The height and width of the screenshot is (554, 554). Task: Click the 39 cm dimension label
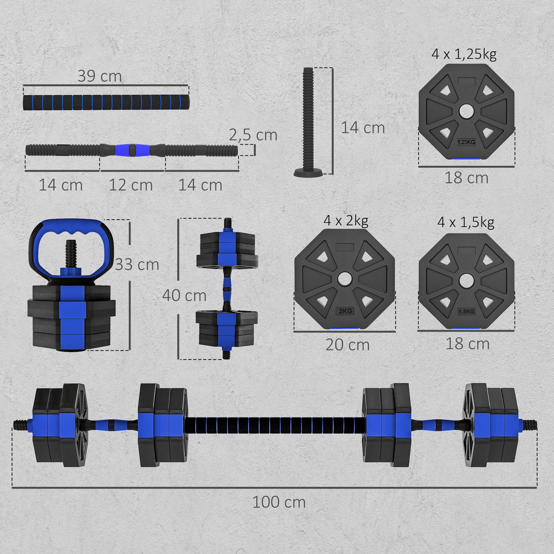(x=99, y=76)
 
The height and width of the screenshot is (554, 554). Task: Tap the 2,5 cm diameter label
(x=253, y=135)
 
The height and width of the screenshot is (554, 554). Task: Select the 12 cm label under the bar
(x=131, y=185)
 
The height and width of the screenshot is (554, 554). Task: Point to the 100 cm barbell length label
(x=279, y=502)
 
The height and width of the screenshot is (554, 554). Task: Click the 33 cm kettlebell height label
(x=137, y=265)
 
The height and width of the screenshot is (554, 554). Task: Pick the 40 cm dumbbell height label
(x=184, y=295)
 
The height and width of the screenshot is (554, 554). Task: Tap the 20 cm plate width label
(x=347, y=345)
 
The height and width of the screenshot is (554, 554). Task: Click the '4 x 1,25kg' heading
(x=464, y=54)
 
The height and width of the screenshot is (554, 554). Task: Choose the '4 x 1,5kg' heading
(x=465, y=223)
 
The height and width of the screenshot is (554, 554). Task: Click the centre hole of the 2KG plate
(x=344, y=279)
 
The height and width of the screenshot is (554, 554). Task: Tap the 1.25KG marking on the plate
(x=466, y=142)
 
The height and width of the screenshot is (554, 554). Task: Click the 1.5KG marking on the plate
(x=466, y=312)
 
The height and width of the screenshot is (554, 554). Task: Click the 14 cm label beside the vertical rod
(x=362, y=128)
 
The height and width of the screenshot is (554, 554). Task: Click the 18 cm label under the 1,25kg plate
(x=466, y=178)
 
